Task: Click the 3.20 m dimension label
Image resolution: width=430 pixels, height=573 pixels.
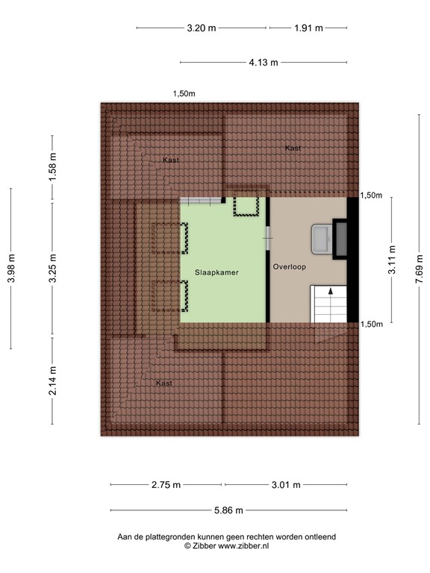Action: pos(202,28)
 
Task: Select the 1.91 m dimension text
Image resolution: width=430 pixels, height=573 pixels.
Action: pos(308,28)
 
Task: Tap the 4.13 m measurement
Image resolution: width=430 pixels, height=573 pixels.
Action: pos(264,63)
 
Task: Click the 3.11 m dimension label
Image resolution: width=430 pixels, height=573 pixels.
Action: pos(392,261)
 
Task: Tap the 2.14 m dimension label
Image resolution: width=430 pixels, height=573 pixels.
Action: pos(52,379)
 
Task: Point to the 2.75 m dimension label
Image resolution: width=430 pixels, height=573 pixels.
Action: pos(166,485)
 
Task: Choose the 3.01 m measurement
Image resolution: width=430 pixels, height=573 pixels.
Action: pos(286,485)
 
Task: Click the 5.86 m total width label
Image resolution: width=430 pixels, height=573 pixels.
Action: pos(228,510)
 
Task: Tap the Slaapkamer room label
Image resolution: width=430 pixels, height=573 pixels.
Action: pos(216,272)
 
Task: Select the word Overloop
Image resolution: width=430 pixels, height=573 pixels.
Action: pos(290,266)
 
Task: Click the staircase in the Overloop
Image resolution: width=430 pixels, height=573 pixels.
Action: pos(328,304)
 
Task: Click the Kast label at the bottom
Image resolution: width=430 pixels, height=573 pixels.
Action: pos(164,383)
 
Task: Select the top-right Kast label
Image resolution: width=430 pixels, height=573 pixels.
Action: pos(293,148)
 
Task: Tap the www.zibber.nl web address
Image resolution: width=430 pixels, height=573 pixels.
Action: pos(244,546)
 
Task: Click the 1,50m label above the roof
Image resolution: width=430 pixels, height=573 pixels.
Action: pos(184,94)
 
